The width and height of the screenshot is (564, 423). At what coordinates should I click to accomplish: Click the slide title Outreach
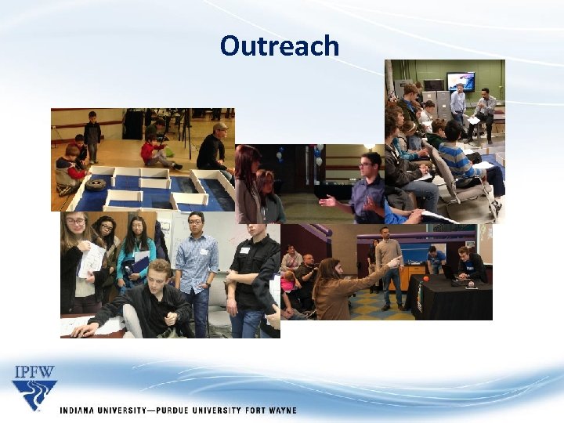pos(280,46)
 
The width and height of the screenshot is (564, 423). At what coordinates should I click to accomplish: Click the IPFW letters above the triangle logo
pos(34,372)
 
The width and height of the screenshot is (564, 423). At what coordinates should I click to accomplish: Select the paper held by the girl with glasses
pos(92,258)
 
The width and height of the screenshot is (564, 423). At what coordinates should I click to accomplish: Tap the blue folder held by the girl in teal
pos(139,262)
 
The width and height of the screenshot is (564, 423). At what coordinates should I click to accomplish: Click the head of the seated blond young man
pos(159,274)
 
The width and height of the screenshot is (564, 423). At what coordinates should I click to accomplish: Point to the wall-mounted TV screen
pos(460,81)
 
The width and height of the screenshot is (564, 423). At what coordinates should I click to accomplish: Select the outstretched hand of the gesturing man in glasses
pos(327,202)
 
